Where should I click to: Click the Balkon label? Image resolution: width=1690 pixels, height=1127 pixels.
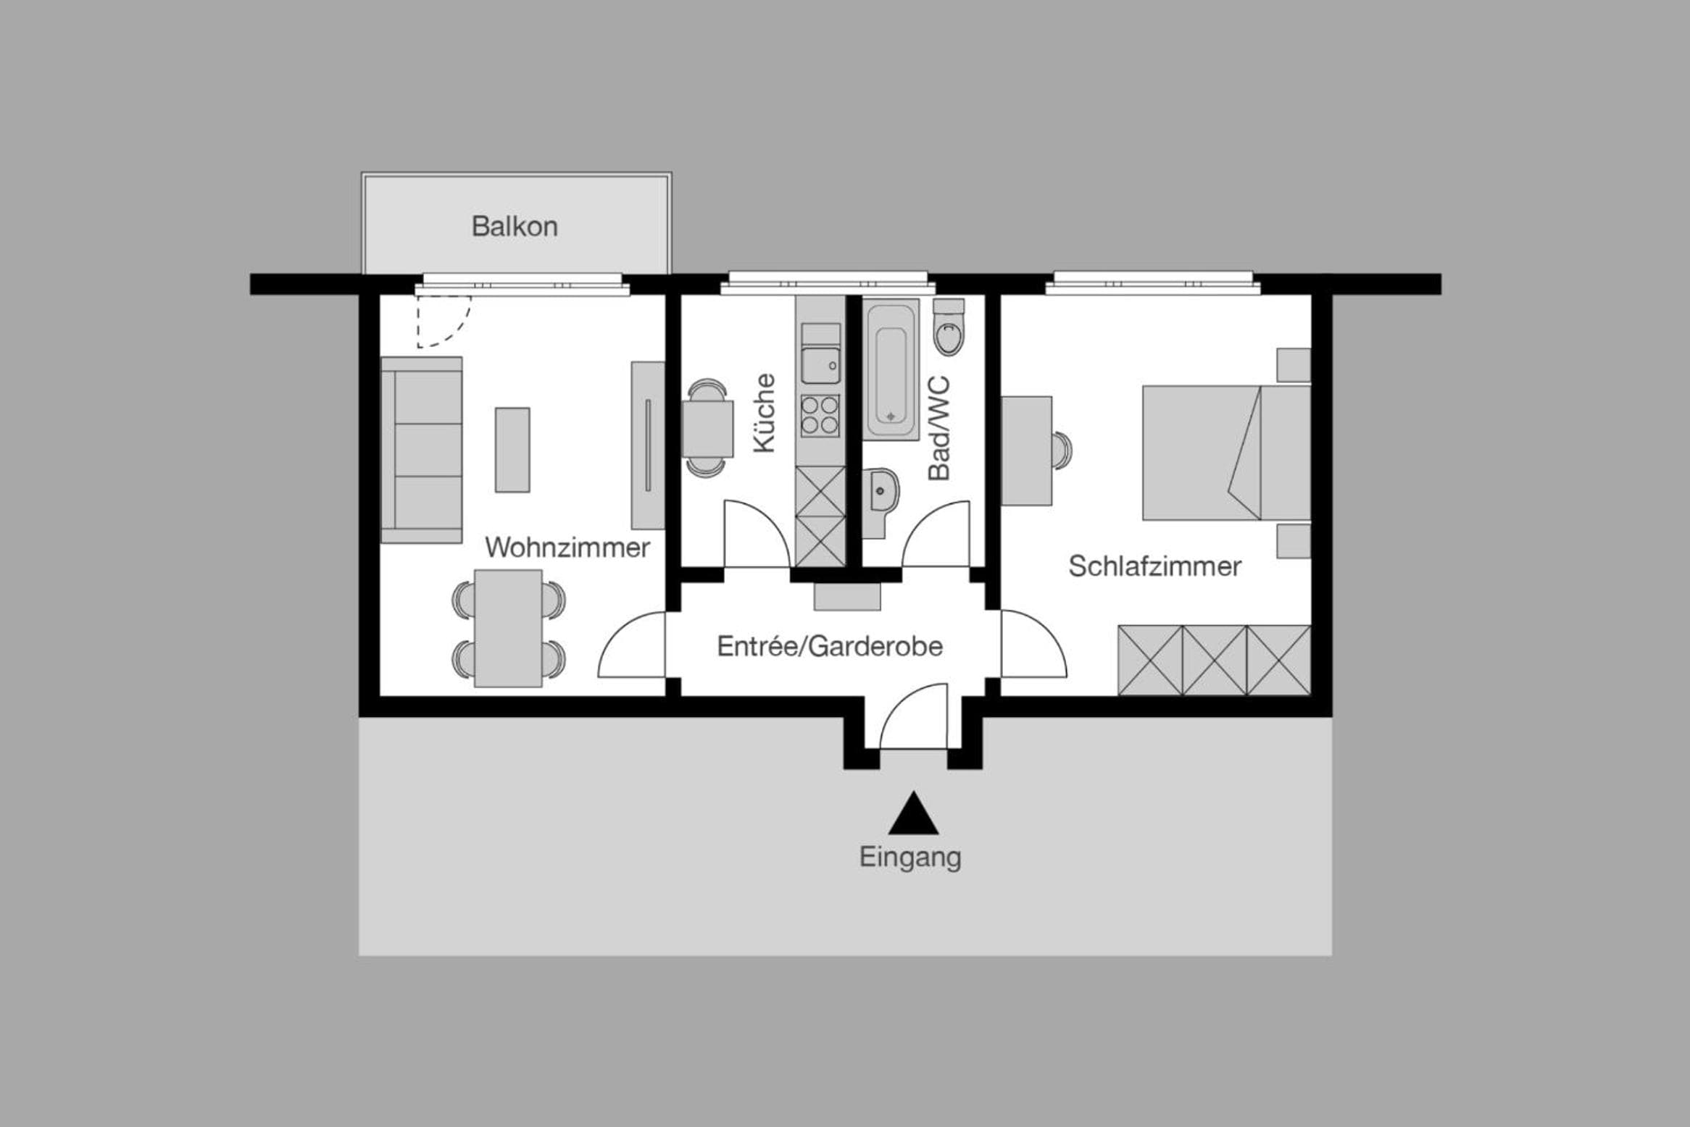[515, 227]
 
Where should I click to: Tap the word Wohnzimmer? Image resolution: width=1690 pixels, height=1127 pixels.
[567, 548]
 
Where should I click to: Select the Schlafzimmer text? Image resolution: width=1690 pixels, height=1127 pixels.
[1154, 566]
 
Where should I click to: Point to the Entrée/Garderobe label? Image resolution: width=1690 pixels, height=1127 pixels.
[830, 646]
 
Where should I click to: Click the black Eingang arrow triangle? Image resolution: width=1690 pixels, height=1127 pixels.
[913, 813]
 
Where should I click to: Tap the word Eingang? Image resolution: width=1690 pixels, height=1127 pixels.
[910, 858]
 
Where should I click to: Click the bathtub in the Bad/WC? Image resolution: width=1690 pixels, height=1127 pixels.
[891, 369]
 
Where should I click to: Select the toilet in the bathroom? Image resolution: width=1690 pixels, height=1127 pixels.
[949, 327]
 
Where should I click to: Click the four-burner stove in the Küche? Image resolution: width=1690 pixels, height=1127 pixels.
[820, 415]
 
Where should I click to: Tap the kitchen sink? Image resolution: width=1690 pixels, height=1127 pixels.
[820, 365]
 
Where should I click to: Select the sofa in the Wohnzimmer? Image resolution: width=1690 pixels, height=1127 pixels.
[422, 450]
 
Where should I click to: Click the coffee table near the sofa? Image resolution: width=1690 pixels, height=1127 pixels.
[512, 450]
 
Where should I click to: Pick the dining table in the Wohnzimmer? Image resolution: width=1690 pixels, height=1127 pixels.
[508, 628]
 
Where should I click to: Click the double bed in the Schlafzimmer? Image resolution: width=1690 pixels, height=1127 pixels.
[1226, 453]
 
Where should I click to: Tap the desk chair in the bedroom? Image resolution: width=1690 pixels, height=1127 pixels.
[1062, 451]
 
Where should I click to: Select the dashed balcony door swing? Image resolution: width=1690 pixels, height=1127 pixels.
[444, 321]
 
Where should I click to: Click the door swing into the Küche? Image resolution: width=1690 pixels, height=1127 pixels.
[757, 533]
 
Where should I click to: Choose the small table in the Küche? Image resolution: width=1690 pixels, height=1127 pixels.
[708, 428]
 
